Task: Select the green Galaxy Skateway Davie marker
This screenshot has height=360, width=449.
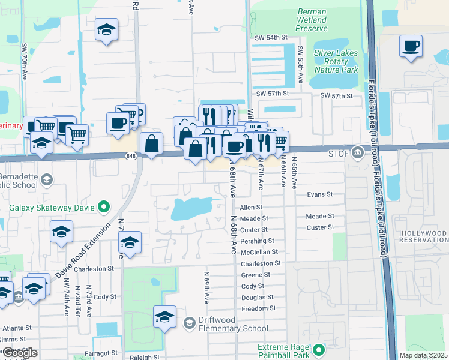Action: pos(104,208)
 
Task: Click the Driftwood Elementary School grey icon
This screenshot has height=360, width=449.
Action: pos(190,323)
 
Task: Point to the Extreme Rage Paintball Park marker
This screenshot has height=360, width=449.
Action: pos(317,349)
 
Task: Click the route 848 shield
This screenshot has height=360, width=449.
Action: pos(130,156)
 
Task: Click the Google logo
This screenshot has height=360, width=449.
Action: pos(19,353)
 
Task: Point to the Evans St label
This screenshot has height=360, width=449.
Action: pos(319,194)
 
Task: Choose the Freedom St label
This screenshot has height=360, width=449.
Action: pos(258,308)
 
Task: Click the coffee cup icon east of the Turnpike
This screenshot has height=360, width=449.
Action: pos(411,46)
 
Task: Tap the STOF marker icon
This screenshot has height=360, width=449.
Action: pos(358,152)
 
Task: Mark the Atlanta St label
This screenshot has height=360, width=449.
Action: pos(16,328)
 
